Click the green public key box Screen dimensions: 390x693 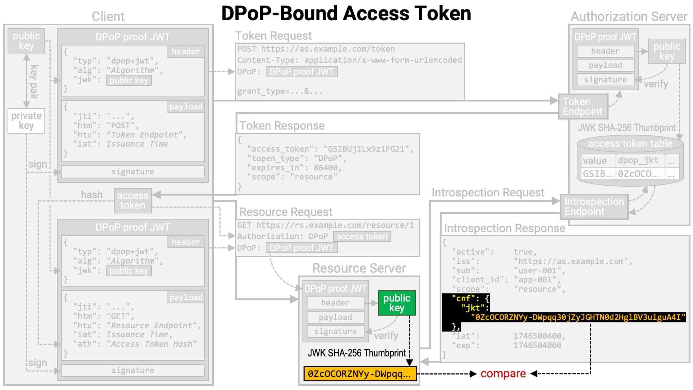point(397,303)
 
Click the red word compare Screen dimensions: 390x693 point(503,374)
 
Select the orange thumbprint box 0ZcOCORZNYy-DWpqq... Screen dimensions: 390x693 point(360,374)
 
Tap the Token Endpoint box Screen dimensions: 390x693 point(583,107)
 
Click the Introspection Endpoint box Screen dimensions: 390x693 point(594,207)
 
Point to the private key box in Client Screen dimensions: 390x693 point(26,121)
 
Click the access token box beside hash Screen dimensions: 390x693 point(133,200)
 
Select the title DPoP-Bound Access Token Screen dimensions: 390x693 point(346,14)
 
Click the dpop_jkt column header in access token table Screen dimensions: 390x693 point(638,160)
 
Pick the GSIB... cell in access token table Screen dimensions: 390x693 point(598,174)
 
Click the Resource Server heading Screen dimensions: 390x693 point(359,268)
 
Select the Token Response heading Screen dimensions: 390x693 point(282,126)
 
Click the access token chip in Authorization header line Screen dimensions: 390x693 point(362,237)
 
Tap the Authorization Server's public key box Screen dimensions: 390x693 point(667,51)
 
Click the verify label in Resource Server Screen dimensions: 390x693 point(386,336)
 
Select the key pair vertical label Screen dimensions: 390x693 point(34,82)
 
